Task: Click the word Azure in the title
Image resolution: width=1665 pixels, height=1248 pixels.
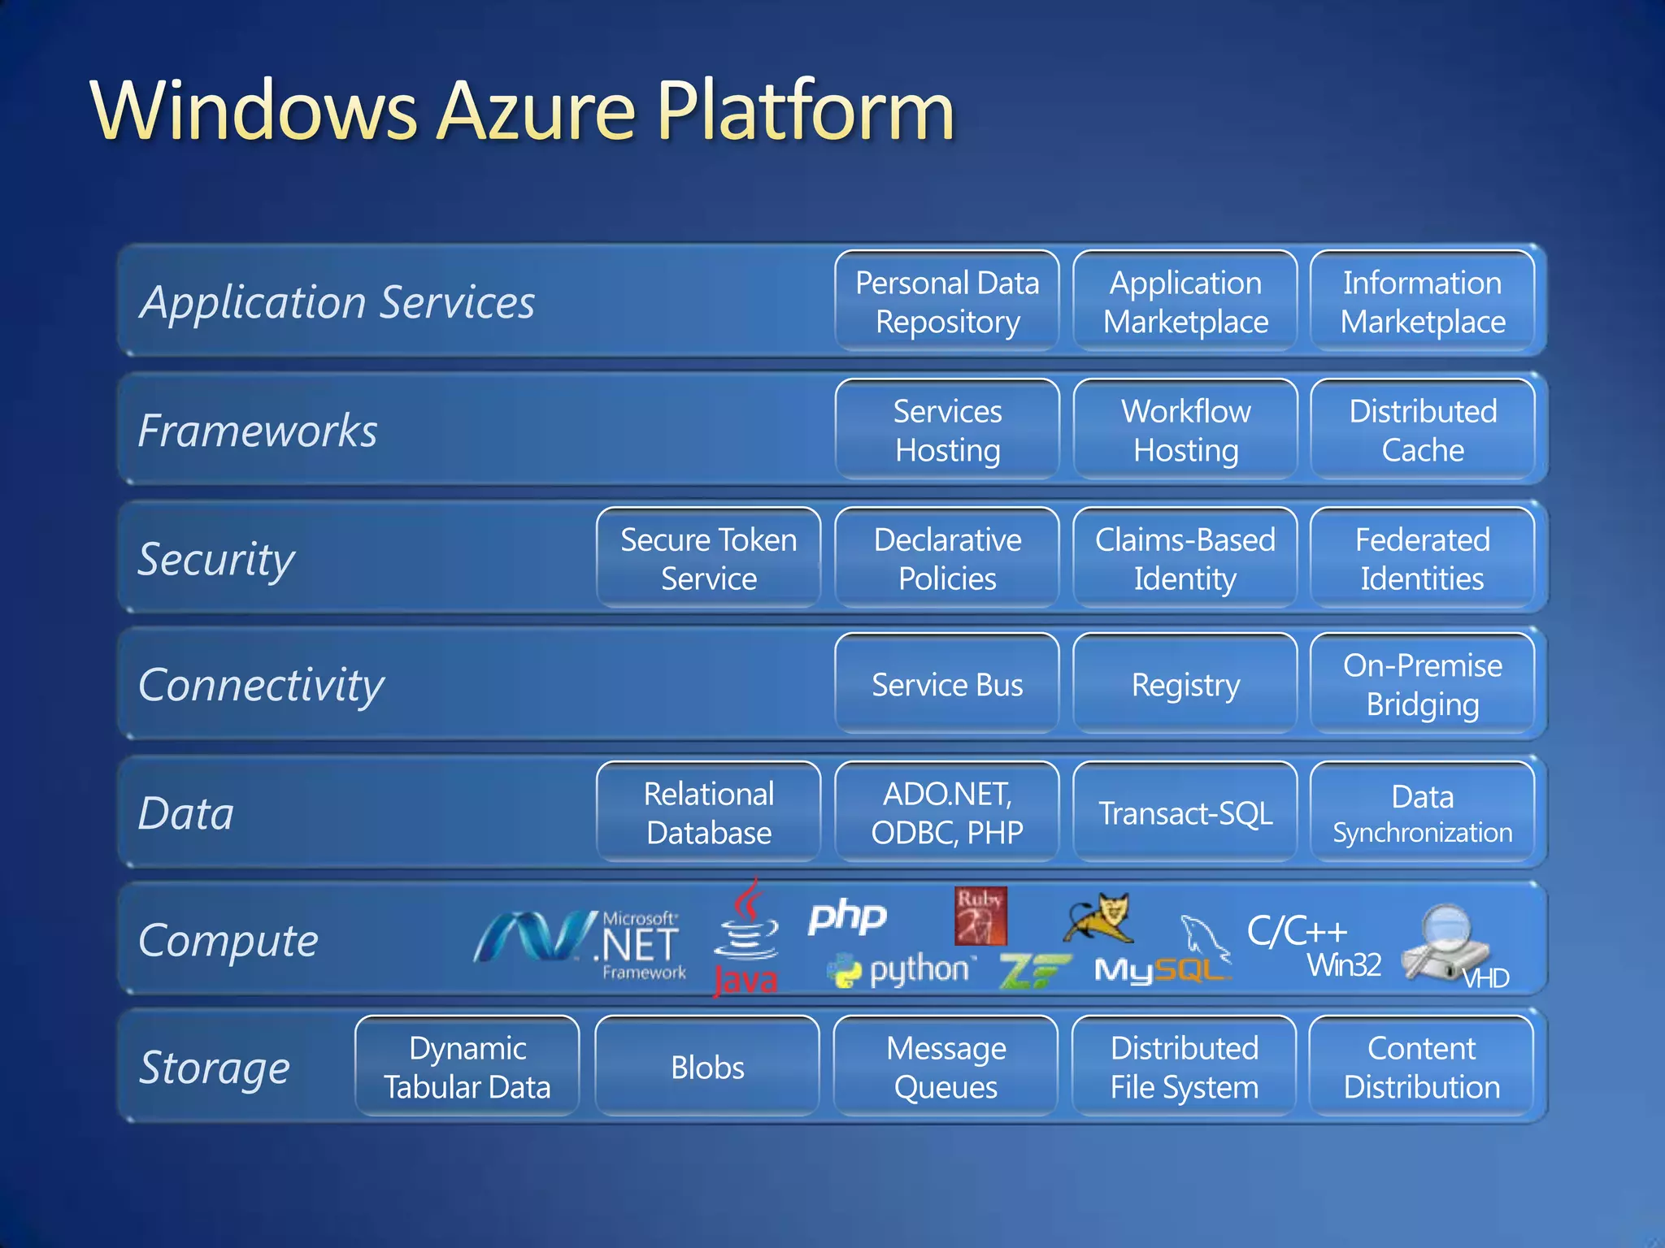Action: [x=537, y=111]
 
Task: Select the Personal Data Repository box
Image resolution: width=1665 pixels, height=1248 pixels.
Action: [x=947, y=301]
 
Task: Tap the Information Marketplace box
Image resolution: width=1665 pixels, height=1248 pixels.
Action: [x=1423, y=301]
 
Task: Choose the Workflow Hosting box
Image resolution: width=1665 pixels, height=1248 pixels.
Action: [x=1185, y=430]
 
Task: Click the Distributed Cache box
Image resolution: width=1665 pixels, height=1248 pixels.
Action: [x=1423, y=430]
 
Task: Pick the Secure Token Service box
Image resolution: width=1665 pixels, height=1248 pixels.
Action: [x=708, y=558]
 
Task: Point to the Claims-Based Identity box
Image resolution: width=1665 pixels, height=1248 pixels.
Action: [x=1185, y=558]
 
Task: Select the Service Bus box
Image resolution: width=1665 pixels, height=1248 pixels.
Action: [x=947, y=684]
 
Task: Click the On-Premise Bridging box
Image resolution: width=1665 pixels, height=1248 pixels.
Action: [x=1423, y=684]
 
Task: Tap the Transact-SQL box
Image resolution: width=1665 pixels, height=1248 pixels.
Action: [x=1185, y=812]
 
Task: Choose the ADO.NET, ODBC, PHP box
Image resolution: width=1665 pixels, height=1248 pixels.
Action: [x=947, y=812]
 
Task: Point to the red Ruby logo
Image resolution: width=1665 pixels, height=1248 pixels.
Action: [x=980, y=916]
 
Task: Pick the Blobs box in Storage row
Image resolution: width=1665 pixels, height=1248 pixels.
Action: [x=707, y=1067]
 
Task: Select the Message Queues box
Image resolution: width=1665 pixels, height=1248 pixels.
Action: [x=946, y=1067]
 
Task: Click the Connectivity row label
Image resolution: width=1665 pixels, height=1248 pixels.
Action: [x=261, y=685]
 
